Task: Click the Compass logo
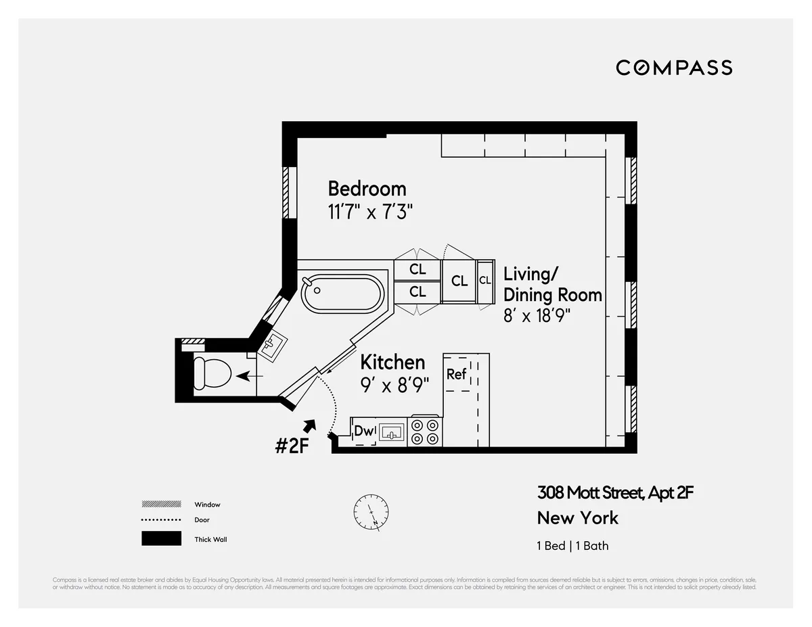point(674,68)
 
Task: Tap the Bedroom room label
point(367,188)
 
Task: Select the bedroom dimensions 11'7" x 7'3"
point(370,212)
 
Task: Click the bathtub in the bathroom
point(342,294)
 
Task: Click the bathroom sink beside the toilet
point(273,346)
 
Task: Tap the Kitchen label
point(392,363)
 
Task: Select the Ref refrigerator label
point(457,374)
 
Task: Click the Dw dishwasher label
point(364,431)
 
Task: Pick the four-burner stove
point(425,432)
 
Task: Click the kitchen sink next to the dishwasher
point(391,432)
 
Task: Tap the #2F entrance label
point(292,446)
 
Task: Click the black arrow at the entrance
point(309,426)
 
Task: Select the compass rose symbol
point(371,512)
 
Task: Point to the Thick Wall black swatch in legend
point(161,539)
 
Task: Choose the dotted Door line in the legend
point(161,520)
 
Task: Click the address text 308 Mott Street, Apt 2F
point(615,492)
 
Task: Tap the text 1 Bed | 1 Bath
point(572,546)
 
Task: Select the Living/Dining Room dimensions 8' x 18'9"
point(541,316)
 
